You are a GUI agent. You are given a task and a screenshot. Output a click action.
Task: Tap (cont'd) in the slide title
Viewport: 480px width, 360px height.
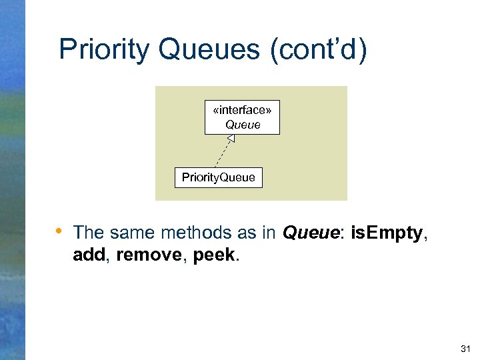pos(319,50)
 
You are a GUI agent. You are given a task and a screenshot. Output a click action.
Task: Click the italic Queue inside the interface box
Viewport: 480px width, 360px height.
pos(243,124)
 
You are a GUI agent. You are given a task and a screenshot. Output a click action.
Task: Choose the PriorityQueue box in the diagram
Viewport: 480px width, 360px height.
pos(218,177)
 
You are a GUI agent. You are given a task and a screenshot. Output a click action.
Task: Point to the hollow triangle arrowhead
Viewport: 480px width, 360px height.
pos(231,139)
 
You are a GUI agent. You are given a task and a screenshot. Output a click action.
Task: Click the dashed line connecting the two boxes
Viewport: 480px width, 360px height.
pos(223,153)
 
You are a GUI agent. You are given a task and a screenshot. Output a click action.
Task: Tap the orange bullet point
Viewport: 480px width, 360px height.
pos(59,231)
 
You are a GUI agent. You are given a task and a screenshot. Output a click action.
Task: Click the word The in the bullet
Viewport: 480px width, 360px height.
pos(88,233)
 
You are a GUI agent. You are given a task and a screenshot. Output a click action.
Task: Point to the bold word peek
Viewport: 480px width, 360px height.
pos(213,254)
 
